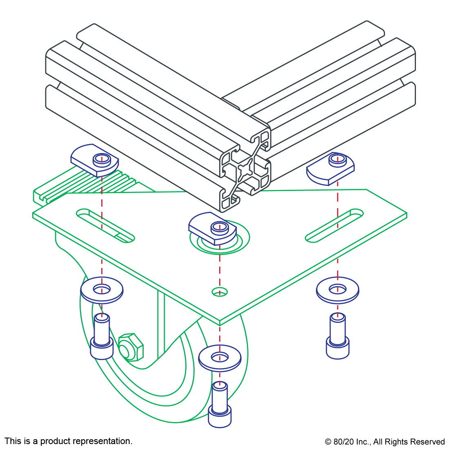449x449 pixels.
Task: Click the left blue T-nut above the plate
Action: [95, 160]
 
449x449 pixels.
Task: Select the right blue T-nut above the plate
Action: [331, 169]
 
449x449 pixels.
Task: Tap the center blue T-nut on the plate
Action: [213, 229]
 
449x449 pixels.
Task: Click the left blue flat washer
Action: [102, 290]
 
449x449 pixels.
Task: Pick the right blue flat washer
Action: [337, 290]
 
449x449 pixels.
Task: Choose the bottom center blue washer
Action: [220, 358]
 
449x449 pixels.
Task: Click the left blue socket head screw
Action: [102, 336]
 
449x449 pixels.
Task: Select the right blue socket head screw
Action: [338, 336]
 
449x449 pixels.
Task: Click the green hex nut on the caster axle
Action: [131, 347]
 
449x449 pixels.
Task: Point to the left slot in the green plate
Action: [105, 226]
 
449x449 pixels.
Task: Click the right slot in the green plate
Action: [334, 226]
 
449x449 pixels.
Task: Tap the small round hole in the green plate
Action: [220, 292]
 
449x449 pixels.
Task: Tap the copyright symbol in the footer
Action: [328, 442]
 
